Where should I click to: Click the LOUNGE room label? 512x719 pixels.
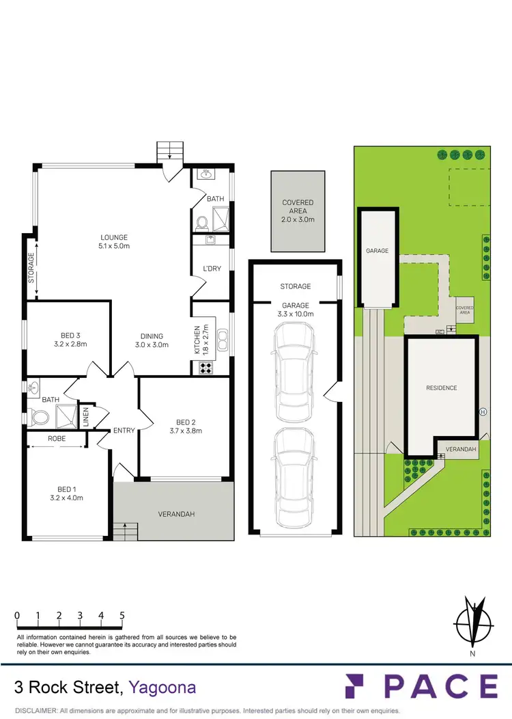point(114,237)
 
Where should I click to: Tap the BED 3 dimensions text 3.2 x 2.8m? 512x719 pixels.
point(71,344)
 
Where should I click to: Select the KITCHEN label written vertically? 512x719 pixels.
point(197,338)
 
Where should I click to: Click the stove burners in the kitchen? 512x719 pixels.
point(205,367)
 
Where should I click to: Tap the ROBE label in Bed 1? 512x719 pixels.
point(56,438)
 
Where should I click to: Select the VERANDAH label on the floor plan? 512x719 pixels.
point(175,513)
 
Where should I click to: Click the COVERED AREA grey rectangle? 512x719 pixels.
point(298,211)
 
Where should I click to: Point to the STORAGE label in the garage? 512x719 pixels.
point(295,286)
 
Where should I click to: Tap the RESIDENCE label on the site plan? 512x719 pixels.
point(442,388)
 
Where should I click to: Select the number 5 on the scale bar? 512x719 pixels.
point(122,615)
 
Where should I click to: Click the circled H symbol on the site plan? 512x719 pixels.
point(483,411)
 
